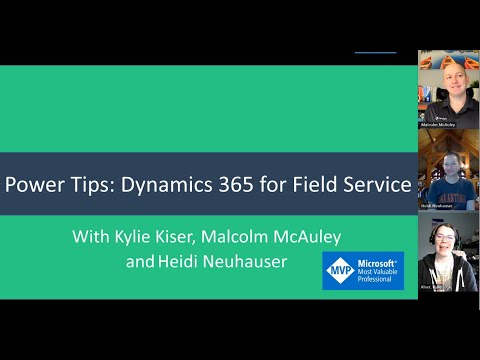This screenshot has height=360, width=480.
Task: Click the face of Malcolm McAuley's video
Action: pyautogui.click(x=446, y=83)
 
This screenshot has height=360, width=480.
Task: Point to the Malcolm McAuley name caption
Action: pyautogui.click(x=447, y=125)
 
